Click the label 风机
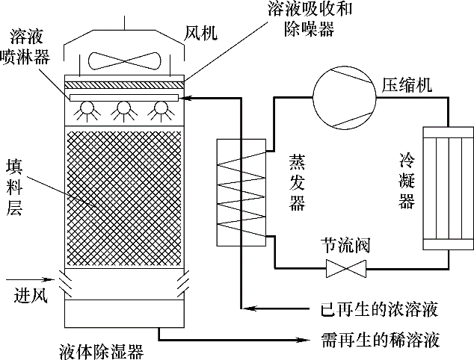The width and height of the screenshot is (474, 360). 201,33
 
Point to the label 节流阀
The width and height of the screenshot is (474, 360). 345,246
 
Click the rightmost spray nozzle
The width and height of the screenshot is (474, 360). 158,111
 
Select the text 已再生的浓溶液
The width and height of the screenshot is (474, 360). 378,308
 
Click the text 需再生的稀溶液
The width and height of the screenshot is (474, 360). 378,340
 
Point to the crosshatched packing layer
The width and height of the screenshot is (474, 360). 124,198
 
